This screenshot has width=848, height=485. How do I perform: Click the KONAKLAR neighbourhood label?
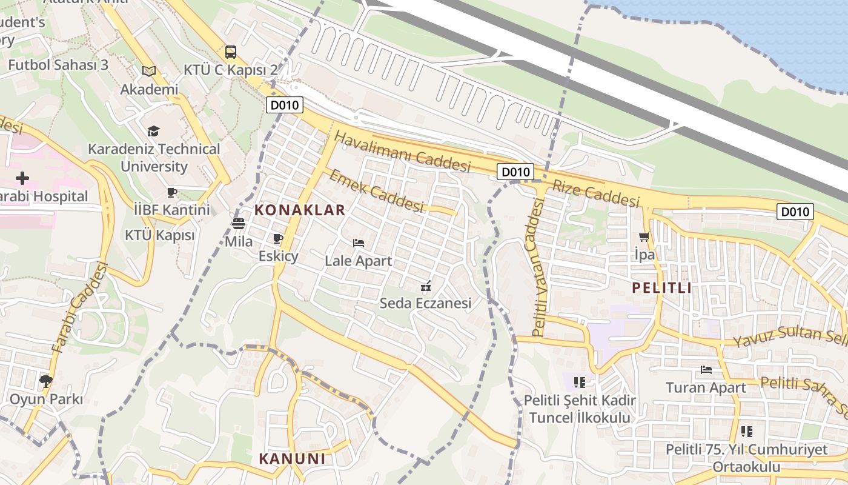pyautogui.click(x=300, y=210)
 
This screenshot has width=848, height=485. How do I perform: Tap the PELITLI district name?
pyautogui.click(x=662, y=288)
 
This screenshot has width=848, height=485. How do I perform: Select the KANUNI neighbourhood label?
pyautogui.click(x=293, y=458)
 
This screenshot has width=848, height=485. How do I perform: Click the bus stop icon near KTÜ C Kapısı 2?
pyautogui.click(x=230, y=52)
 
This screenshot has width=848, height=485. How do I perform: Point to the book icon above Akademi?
pyautogui.click(x=149, y=71)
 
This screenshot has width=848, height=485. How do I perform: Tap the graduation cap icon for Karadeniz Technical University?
pyautogui.click(x=154, y=131)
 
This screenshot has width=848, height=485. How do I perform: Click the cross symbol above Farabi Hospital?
pyautogui.click(x=22, y=178)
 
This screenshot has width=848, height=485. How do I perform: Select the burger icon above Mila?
pyautogui.click(x=239, y=223)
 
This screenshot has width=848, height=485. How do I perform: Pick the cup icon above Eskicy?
pyautogui.click(x=278, y=238)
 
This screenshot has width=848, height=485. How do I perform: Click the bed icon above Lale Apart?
pyautogui.click(x=359, y=243)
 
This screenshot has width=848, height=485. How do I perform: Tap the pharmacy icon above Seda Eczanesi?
pyautogui.click(x=426, y=286)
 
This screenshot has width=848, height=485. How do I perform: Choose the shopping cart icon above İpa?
pyautogui.click(x=644, y=237)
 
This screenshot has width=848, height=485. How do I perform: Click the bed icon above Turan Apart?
pyautogui.click(x=706, y=369)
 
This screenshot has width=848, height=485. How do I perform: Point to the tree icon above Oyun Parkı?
pyautogui.click(x=45, y=381)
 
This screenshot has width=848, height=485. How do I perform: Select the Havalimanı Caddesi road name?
pyautogui.click(x=402, y=152)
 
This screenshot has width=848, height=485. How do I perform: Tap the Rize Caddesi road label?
pyautogui.click(x=595, y=192)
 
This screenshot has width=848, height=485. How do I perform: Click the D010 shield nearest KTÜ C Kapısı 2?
pyautogui.click(x=285, y=105)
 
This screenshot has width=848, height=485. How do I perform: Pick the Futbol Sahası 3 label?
pyautogui.click(x=58, y=65)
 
